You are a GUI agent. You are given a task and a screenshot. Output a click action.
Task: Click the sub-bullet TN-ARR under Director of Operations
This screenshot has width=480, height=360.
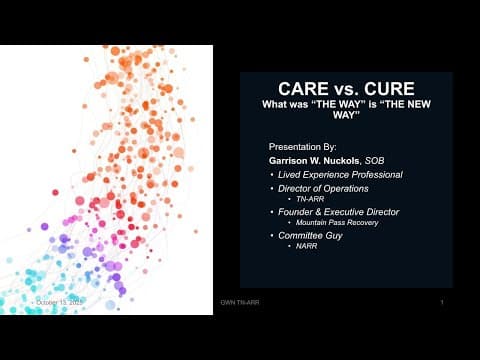(x=298, y=200)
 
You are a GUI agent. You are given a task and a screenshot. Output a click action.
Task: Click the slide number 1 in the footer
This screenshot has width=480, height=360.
(x=441, y=301)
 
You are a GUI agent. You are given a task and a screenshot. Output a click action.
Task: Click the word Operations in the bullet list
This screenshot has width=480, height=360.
(x=342, y=189)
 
